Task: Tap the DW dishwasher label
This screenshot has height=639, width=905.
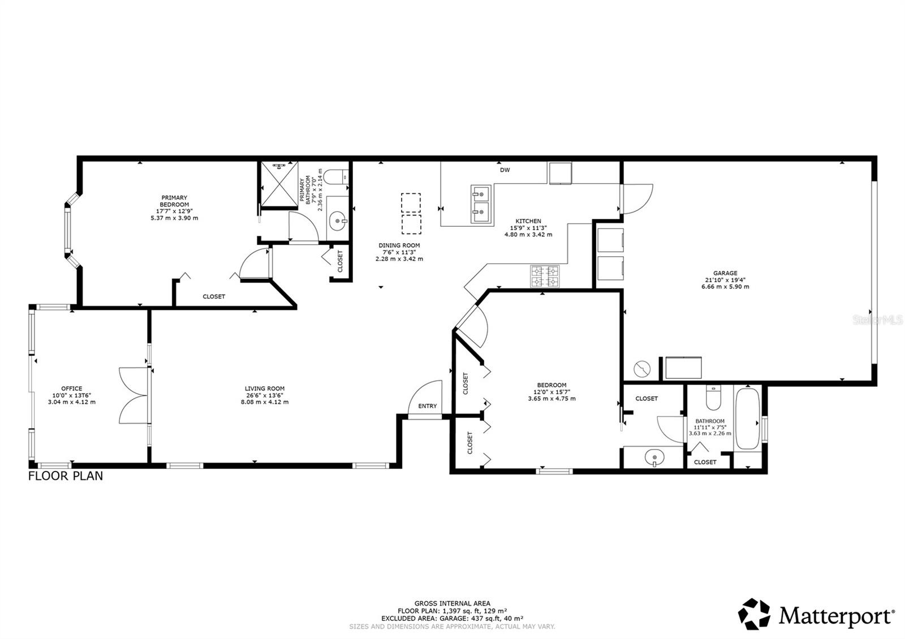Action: click(505, 170)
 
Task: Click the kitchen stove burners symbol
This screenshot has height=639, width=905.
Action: click(544, 277)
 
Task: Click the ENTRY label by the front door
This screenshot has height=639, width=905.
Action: click(428, 406)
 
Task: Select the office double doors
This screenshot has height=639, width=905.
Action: click(135, 395)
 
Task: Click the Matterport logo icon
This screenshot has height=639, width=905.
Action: click(755, 614)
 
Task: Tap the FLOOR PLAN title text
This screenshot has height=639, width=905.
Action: click(66, 476)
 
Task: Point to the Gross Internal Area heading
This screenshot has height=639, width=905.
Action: click(452, 603)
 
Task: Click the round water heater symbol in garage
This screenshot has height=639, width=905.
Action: click(642, 369)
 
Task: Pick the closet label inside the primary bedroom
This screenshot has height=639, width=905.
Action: click(214, 296)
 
